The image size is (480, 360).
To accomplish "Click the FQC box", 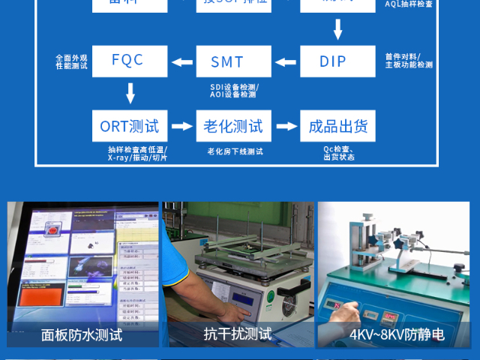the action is (127, 61).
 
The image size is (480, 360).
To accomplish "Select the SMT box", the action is (233, 61).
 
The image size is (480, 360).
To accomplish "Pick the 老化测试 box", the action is (233, 126).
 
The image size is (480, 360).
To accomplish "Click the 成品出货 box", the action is (337, 126).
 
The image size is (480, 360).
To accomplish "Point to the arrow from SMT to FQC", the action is (181, 61).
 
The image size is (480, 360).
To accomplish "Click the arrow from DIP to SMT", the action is (286, 61).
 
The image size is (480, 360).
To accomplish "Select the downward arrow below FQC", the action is (130, 93).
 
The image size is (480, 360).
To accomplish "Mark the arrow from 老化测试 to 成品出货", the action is (286, 126).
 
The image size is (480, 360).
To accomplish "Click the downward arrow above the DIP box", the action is (337, 29).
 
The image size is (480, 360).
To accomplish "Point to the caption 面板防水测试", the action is (82, 334).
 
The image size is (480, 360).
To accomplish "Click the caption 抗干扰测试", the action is (238, 334).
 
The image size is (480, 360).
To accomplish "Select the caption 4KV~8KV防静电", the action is (397, 334).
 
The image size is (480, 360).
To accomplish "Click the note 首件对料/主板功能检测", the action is (409, 61).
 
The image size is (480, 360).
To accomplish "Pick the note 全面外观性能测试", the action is (71, 61).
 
